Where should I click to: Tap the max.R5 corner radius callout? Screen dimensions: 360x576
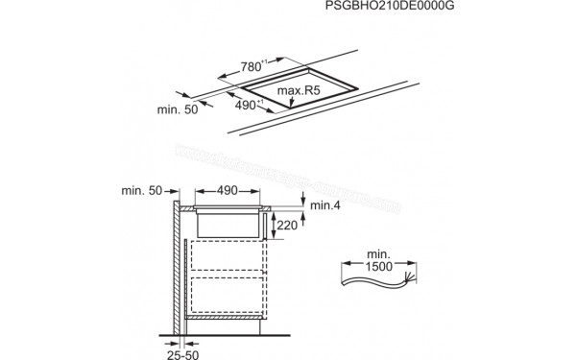(297, 92)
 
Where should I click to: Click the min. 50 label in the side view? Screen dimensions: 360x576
(143, 192)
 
